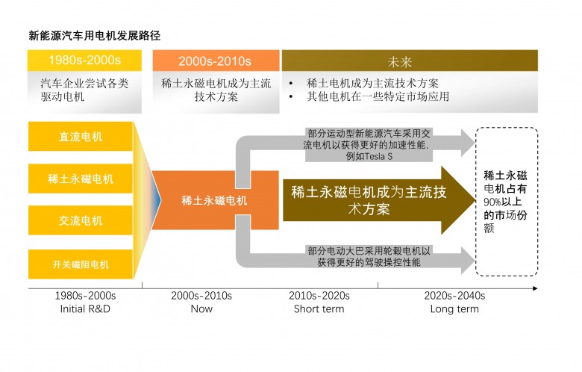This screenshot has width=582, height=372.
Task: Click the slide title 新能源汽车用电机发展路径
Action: point(95,35)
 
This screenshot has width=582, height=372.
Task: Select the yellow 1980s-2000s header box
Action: point(84,61)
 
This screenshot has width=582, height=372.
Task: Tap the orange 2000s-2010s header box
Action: point(214,61)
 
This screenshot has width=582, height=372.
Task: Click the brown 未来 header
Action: point(410,61)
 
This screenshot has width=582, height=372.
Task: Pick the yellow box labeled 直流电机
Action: point(81,137)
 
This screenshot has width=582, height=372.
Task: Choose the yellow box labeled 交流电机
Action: point(81,221)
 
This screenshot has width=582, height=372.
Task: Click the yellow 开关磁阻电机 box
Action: point(81,264)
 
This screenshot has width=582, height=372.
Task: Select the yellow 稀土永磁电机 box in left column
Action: point(81,179)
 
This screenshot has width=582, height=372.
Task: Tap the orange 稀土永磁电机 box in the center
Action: point(214,201)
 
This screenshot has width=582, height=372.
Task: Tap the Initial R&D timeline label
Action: point(85,309)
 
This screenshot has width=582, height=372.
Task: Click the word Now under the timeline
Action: point(201,309)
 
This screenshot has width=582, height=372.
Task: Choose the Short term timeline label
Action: point(319,309)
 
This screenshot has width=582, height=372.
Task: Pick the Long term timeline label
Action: point(454,309)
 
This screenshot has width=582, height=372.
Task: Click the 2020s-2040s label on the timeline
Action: point(454,296)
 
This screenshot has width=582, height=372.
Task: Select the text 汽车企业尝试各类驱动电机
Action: point(84,90)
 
